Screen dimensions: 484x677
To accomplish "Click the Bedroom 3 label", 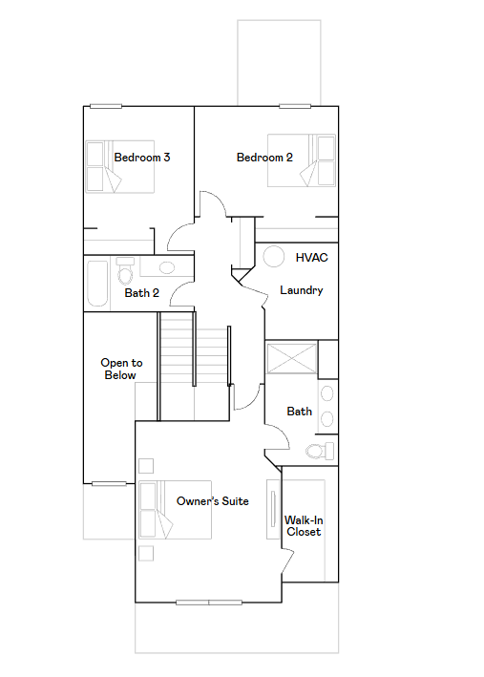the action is [142, 158].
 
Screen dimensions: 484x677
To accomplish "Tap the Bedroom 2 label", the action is [264, 158].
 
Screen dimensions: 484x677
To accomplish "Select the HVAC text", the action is [312, 258].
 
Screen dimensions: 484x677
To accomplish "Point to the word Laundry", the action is [302, 290].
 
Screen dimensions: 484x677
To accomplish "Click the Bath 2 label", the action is [142, 293].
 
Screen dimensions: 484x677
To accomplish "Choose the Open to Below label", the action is [121, 369].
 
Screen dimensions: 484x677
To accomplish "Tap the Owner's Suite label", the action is [213, 501].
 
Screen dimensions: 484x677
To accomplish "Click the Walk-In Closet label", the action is [304, 526].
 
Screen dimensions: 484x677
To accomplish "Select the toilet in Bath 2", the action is [125, 271].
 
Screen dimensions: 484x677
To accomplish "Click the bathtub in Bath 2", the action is [97, 284].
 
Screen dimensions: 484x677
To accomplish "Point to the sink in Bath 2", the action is [167, 267].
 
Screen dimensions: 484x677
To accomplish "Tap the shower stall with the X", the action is [291, 358].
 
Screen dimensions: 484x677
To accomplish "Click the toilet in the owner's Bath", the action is [320, 452].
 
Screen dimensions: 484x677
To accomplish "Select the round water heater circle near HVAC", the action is [274, 257].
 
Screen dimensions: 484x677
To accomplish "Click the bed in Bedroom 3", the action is [120, 167].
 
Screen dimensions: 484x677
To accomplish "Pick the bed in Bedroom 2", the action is [302, 160].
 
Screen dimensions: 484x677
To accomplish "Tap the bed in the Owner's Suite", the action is [175, 510].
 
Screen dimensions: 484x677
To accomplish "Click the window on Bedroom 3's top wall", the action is [106, 106].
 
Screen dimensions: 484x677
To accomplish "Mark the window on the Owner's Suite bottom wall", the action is [209, 603].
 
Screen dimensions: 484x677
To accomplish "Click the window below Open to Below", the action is [109, 483].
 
